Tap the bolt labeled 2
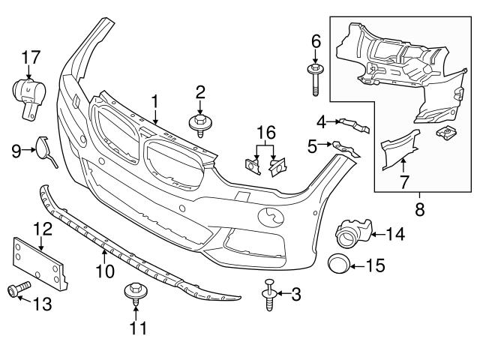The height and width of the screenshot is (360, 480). pos(200,123)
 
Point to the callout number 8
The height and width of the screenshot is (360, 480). pos(419,211)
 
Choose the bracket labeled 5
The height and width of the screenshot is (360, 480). pos(343,148)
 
